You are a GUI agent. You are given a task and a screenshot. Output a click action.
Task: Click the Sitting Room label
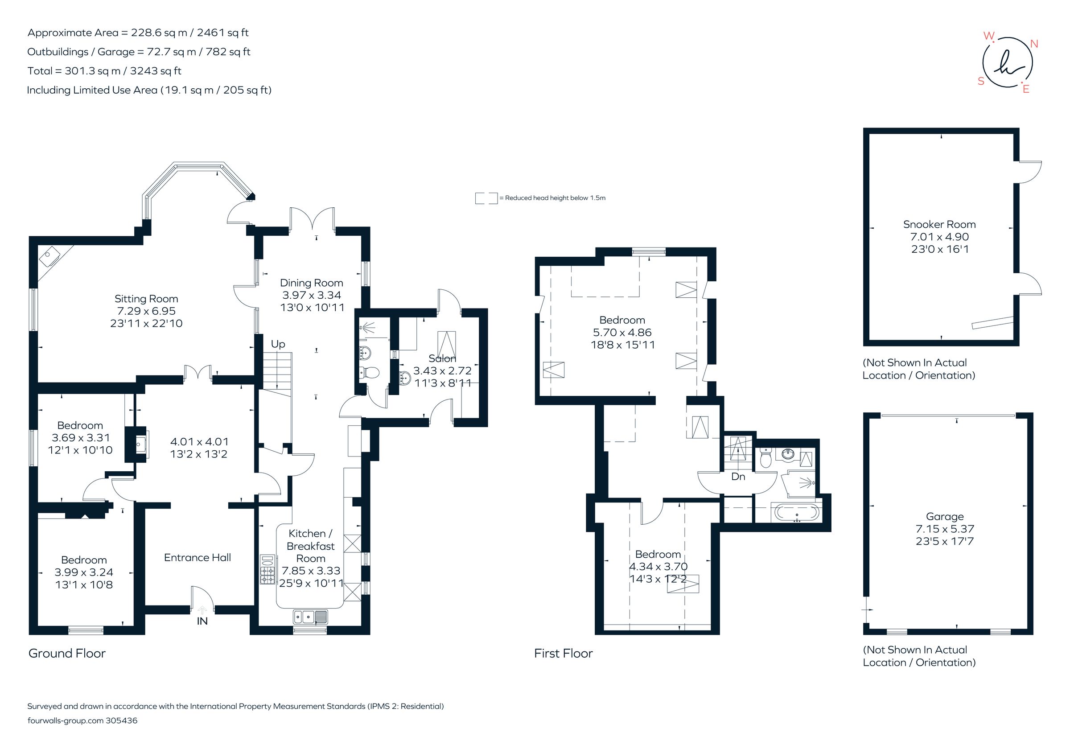click(146, 299)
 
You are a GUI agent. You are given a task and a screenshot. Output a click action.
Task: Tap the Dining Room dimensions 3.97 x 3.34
click(311, 295)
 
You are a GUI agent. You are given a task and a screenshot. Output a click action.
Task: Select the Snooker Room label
click(939, 224)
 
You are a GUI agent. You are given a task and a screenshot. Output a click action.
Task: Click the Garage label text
click(945, 516)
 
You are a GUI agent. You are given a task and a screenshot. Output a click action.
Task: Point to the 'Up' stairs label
click(278, 344)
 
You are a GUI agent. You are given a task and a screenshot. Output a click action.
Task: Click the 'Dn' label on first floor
click(738, 476)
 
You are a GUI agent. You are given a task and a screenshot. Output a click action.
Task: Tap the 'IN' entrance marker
click(202, 621)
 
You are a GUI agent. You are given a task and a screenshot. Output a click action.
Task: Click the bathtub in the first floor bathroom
click(796, 513)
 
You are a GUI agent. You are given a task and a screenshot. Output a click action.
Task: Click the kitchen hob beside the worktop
click(267, 569)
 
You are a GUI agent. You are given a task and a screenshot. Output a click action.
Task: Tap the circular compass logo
click(1007, 63)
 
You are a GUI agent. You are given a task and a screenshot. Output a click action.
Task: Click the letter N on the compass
click(1033, 44)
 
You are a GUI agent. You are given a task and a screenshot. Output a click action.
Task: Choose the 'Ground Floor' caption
click(67, 653)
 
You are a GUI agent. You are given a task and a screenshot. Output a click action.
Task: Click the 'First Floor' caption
click(563, 653)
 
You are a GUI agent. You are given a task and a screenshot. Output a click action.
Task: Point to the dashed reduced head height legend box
click(486, 198)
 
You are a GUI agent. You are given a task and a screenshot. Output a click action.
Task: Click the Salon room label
click(442, 358)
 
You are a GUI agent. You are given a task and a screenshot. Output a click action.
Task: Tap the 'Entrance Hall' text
click(198, 557)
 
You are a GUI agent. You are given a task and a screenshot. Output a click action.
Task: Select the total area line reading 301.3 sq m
click(104, 71)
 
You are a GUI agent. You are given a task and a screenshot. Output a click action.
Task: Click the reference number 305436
click(122, 720)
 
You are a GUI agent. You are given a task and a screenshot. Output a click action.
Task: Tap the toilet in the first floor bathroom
click(765, 459)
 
